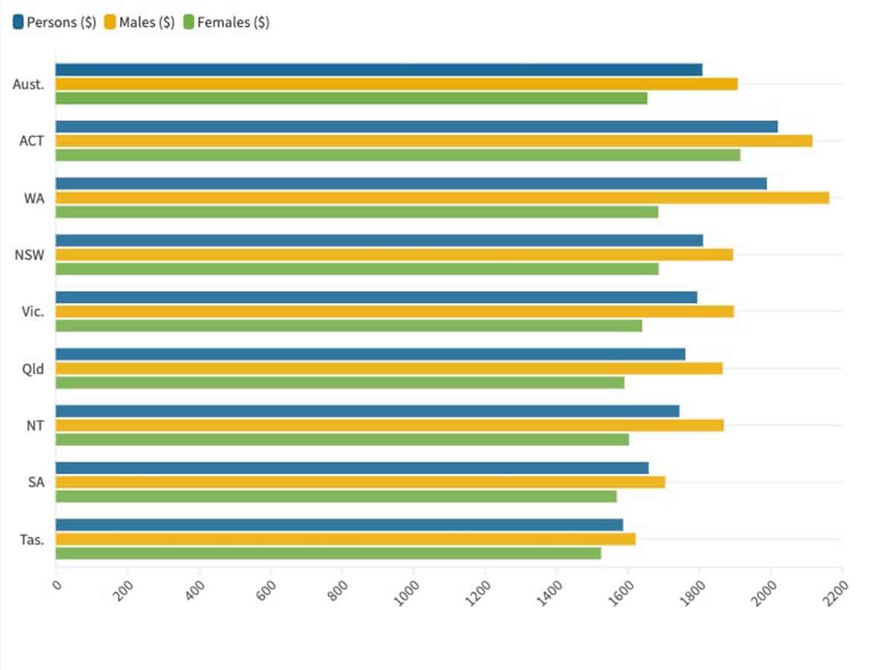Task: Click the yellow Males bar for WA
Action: pos(442,197)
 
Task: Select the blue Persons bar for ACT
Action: pos(417,127)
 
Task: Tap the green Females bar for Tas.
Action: pos(328,553)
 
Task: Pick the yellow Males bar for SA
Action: pos(360,482)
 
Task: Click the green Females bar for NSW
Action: pos(357,269)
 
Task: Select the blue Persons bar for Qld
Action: pos(371,354)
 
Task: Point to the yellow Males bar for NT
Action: pos(389,425)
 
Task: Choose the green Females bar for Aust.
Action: pos(351,98)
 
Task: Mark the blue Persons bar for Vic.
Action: pos(377,297)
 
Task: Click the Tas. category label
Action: pos(32,539)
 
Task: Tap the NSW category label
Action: pos(30,255)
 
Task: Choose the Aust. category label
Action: pos(29,84)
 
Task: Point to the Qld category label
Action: pos(33,368)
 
